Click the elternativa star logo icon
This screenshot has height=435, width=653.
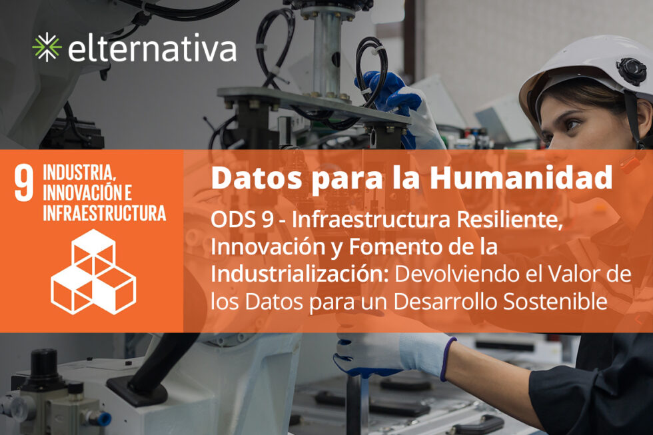[47, 47]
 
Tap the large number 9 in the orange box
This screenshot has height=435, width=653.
[24, 183]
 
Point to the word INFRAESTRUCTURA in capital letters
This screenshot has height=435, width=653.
[104, 213]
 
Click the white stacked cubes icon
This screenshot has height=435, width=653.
[93, 270]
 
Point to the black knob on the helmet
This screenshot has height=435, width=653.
[630, 69]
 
